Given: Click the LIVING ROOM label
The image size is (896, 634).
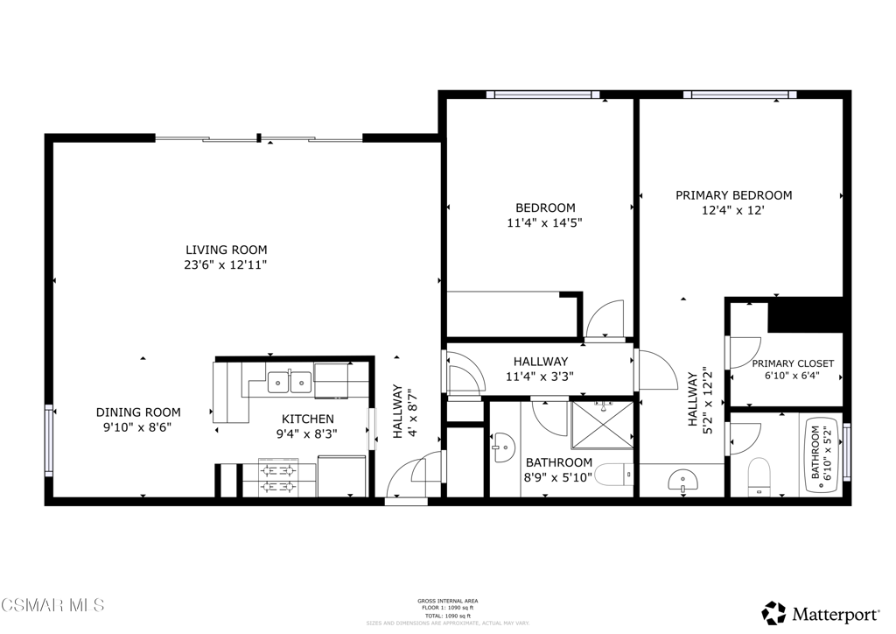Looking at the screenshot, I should pyautogui.click(x=226, y=250).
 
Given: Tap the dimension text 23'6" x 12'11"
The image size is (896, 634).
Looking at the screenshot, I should pyautogui.click(x=226, y=264).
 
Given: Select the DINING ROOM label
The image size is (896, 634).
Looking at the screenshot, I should pyautogui.click(x=138, y=412).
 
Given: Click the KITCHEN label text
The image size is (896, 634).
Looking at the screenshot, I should pyautogui.click(x=307, y=419).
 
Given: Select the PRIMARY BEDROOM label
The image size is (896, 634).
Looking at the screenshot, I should pyautogui.click(x=733, y=195).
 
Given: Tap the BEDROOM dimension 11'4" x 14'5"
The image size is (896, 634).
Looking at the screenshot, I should pyautogui.click(x=544, y=222).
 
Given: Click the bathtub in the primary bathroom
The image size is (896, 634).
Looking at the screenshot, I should pyautogui.click(x=822, y=453).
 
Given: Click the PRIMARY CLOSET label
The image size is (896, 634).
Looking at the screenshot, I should pyautogui.click(x=793, y=363).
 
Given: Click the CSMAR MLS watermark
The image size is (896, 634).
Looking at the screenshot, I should pyautogui.click(x=52, y=605).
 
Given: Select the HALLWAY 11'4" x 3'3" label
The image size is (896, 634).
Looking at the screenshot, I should pyautogui.click(x=540, y=369).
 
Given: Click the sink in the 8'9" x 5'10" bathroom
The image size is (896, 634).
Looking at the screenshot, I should pyautogui.click(x=500, y=449).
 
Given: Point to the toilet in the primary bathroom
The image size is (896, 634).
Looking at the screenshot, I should pyautogui.click(x=759, y=475).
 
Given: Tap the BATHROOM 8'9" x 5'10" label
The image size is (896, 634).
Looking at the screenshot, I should pyautogui.click(x=558, y=469).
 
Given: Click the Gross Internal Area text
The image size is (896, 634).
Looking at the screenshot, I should pyautogui.click(x=447, y=601).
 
